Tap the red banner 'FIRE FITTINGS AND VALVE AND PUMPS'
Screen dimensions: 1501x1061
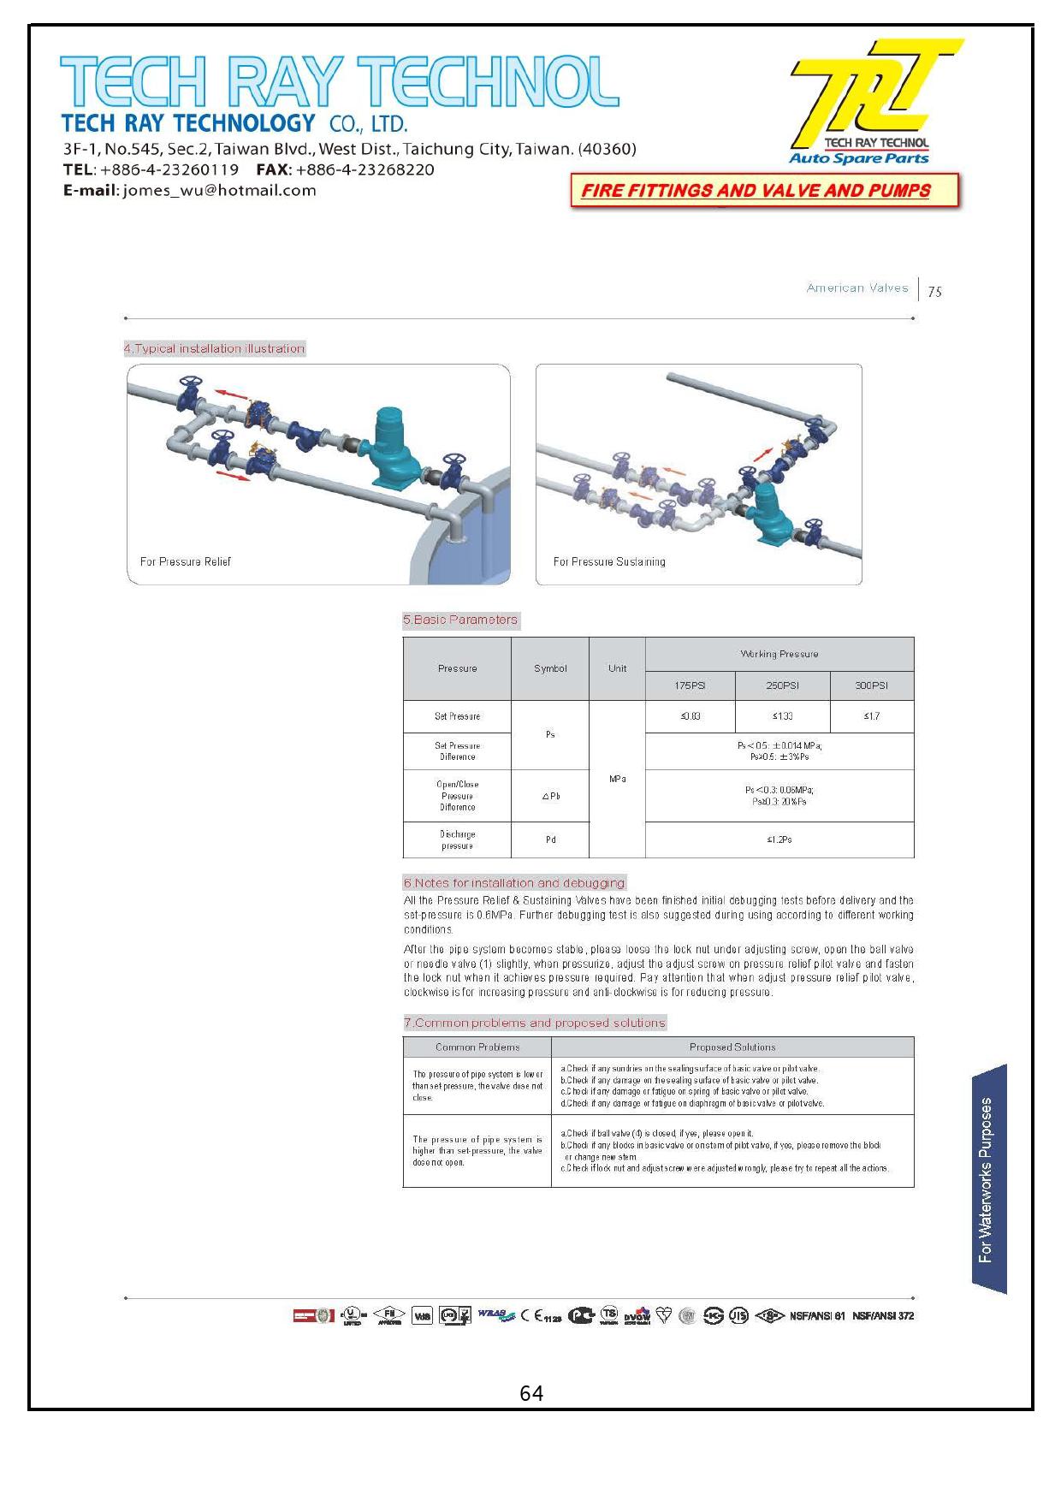pyautogui.click(x=756, y=190)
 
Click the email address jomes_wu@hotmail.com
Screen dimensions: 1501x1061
pyautogui.click(x=219, y=190)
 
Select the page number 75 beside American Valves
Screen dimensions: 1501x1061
pyautogui.click(x=934, y=292)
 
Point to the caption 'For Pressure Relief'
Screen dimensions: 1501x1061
pyautogui.click(x=185, y=561)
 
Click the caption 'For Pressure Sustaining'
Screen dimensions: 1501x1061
pyautogui.click(x=608, y=561)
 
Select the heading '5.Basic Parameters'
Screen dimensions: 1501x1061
pyautogui.click(x=460, y=620)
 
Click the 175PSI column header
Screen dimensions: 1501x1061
pyautogui.click(x=690, y=685)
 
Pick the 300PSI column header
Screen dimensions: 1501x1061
pyautogui.click(x=871, y=685)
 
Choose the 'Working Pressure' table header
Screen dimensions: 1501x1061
pyautogui.click(x=779, y=654)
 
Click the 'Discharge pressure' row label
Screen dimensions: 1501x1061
pyautogui.click(x=457, y=839)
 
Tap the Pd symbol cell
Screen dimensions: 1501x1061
pyautogui.click(x=550, y=839)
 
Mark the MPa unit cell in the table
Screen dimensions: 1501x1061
pyautogui.click(x=617, y=779)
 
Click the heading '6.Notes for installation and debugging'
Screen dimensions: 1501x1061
pyautogui.click(x=514, y=882)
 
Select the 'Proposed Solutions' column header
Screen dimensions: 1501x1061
pyautogui.click(x=732, y=1047)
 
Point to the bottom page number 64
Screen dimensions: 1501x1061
pyautogui.click(x=530, y=1394)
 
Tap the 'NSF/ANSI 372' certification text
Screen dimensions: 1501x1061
pyautogui.click(x=882, y=1315)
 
